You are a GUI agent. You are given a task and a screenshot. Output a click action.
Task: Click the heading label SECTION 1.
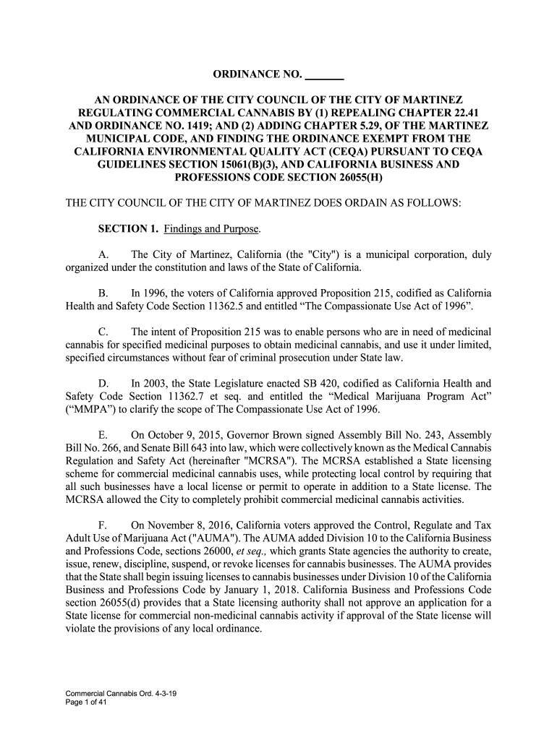tap(128, 230)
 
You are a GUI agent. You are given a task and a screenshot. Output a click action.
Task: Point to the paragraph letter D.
tap(103, 384)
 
